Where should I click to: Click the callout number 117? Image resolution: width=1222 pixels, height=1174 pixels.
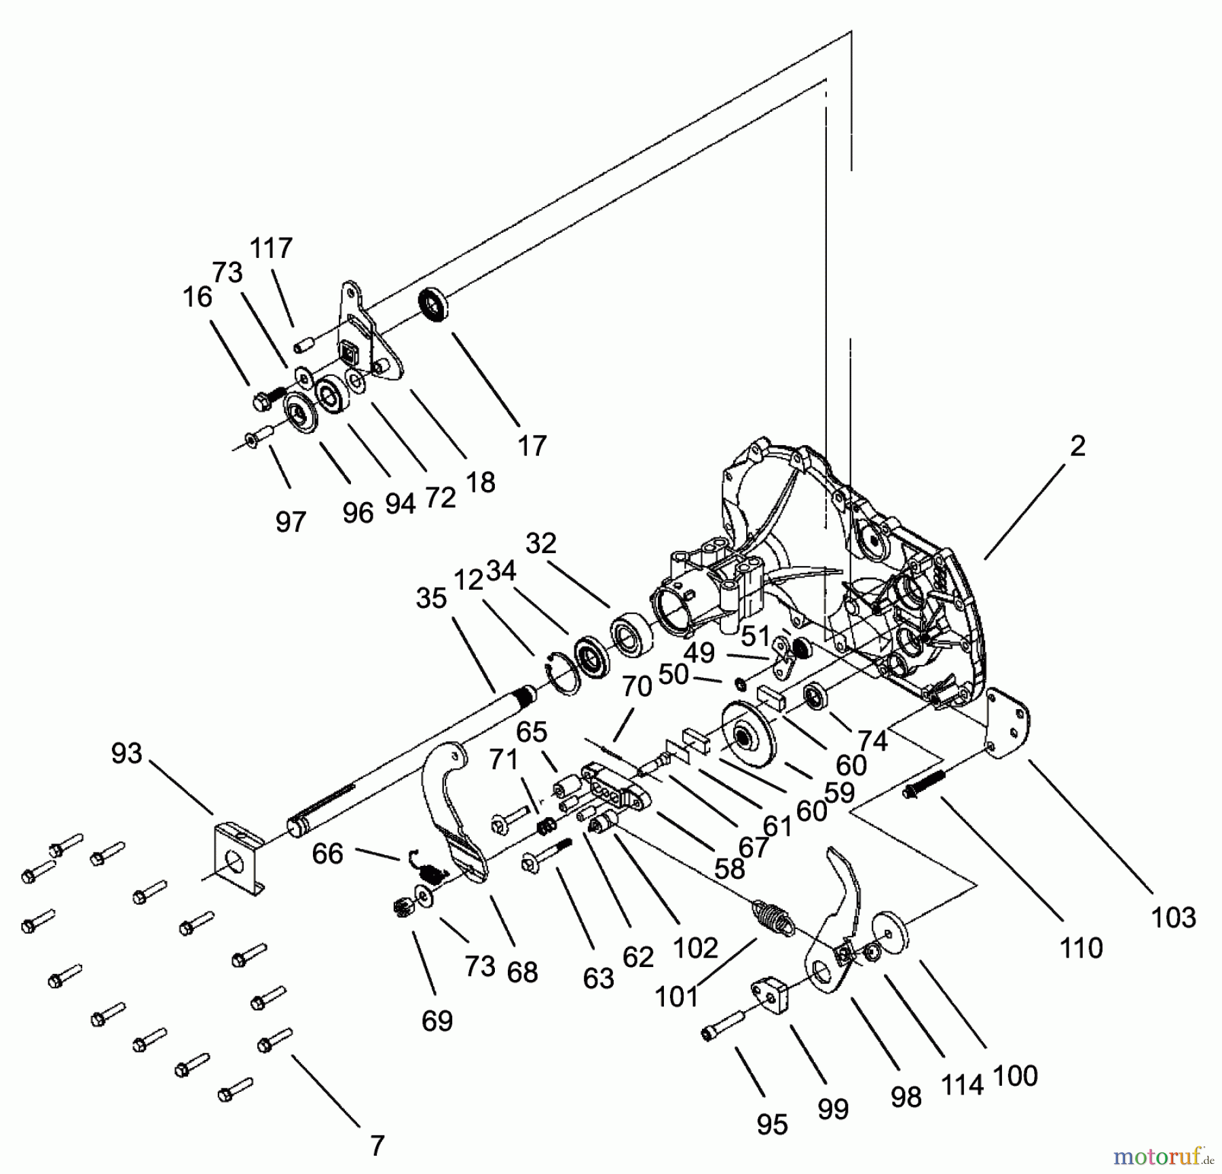(272, 248)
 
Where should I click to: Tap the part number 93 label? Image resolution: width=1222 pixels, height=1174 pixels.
(127, 753)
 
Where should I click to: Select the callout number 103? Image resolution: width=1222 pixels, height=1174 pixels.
(1173, 917)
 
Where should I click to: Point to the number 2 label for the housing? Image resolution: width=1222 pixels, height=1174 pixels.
(1077, 446)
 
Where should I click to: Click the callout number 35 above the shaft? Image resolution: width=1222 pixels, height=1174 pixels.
(432, 599)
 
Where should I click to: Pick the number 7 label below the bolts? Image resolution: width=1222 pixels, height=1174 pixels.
(377, 1146)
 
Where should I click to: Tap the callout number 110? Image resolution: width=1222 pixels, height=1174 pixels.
(1081, 947)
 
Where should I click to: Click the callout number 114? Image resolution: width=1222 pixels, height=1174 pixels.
(963, 1085)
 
